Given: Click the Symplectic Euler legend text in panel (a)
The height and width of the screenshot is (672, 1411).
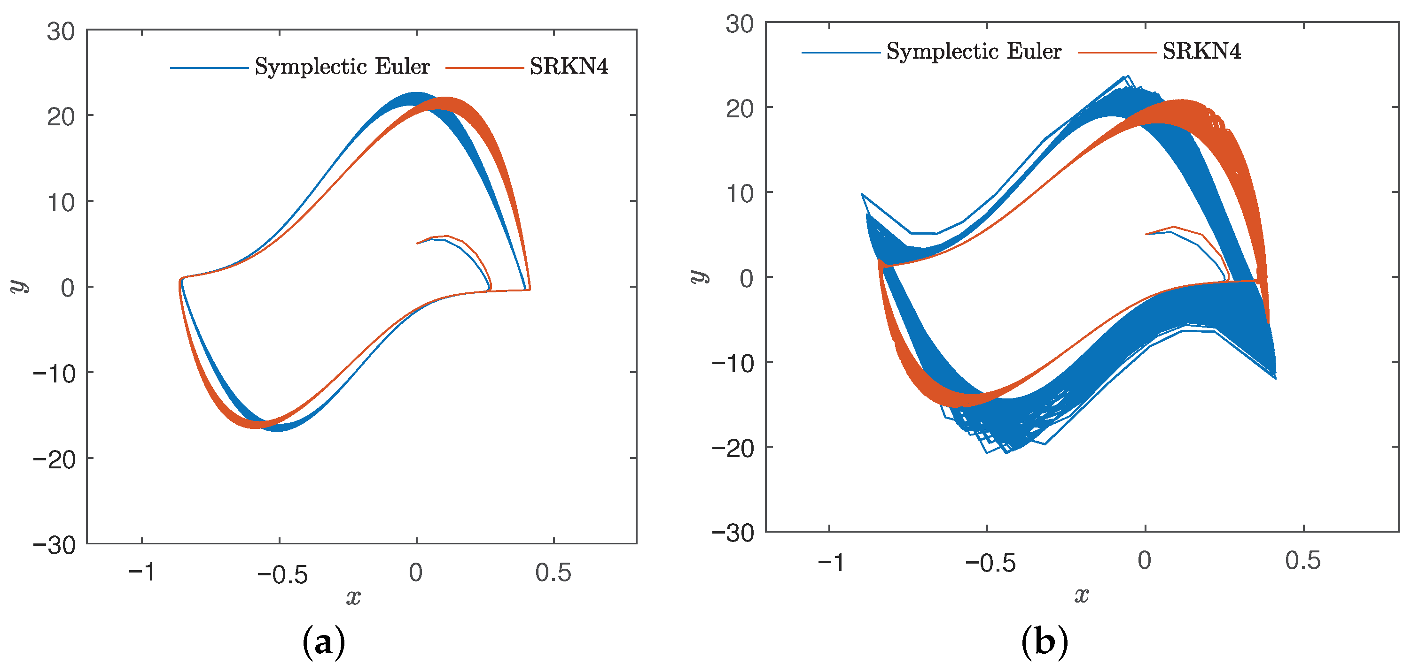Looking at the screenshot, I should click(342, 67).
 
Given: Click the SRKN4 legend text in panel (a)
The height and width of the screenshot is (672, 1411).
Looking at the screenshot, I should click(569, 67).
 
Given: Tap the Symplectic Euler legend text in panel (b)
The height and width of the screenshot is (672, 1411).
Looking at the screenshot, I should click(974, 52).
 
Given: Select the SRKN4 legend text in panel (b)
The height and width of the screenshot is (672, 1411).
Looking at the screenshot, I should click(1201, 52).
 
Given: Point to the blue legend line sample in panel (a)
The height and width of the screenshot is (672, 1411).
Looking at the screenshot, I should click(209, 68).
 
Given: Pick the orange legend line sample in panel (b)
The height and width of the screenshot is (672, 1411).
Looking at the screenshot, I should click(1117, 53).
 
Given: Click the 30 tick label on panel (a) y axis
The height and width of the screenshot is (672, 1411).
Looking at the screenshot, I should click(60, 32).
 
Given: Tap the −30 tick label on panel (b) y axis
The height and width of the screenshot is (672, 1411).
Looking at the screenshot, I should click(733, 533).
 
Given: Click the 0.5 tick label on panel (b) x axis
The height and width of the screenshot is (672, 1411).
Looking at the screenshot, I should click(1302, 560).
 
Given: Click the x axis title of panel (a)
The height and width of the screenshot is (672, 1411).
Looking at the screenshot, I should click(353, 596).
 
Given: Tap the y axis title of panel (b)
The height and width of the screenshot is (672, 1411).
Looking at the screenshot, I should click(698, 276).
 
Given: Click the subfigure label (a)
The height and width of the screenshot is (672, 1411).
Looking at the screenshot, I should click(324, 642).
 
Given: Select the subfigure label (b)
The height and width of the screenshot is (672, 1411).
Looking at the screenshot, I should click(1045, 641).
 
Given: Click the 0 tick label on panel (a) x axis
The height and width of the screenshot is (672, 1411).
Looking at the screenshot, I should click(416, 573).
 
